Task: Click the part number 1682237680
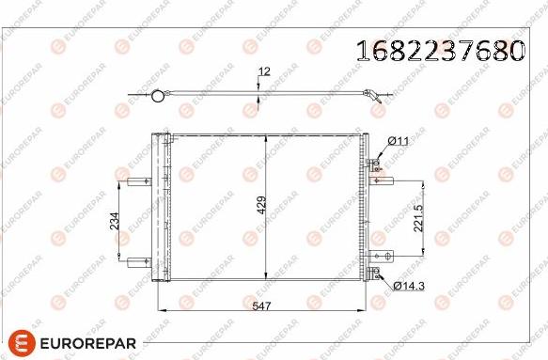pyautogui.click(x=437, y=51)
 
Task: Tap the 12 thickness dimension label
pyautogui.click(x=264, y=70)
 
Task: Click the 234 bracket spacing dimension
pyautogui.click(x=114, y=221)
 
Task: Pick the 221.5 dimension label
pyautogui.click(x=418, y=218)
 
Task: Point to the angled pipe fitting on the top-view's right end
pyautogui.click(x=373, y=95)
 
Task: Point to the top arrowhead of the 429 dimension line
pyautogui.click(x=269, y=138)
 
